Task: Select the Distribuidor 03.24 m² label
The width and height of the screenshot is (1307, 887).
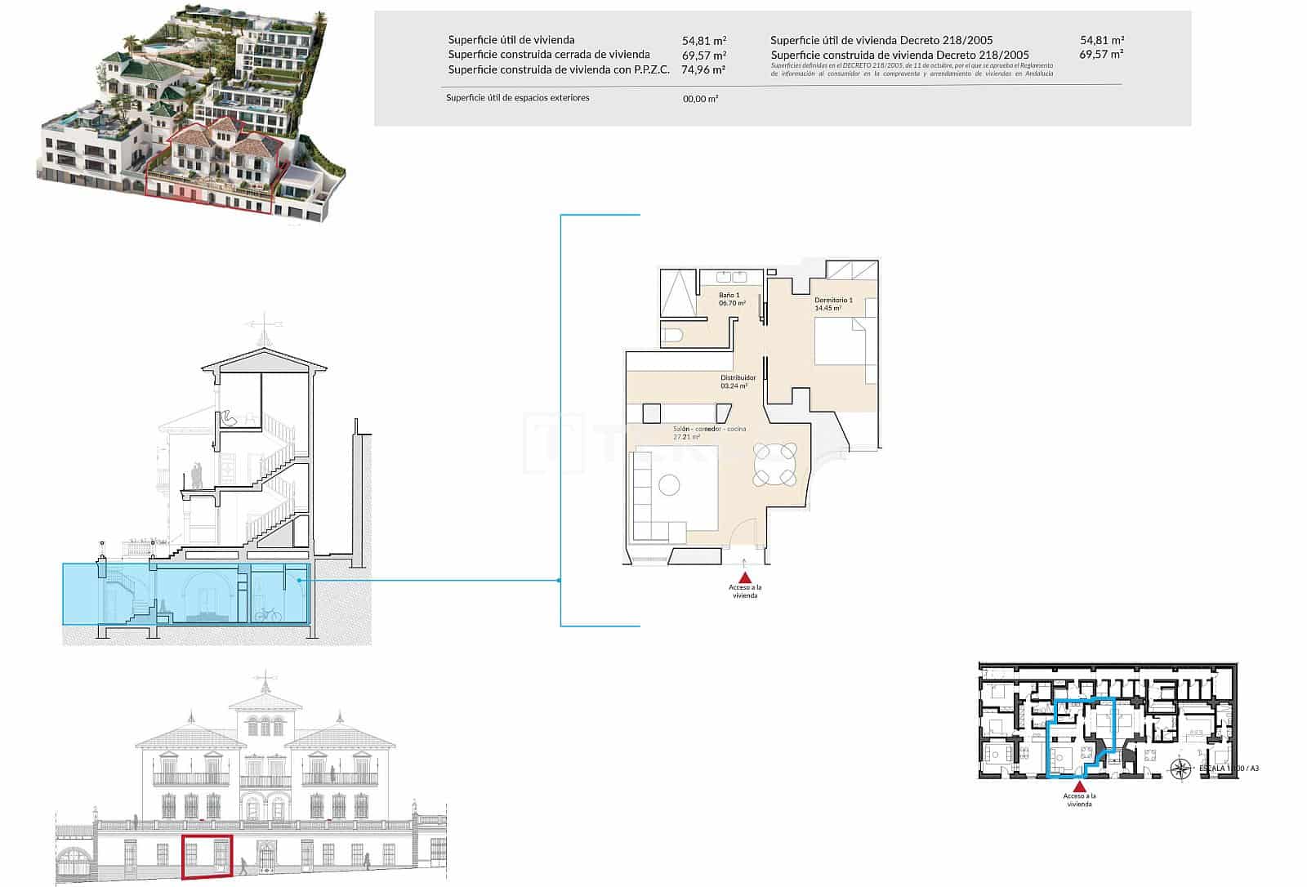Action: (738, 381)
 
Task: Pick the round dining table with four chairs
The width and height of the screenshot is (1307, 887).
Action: (775, 464)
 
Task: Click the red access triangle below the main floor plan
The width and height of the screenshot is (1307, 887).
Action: (745, 577)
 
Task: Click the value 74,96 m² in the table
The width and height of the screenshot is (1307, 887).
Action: (703, 70)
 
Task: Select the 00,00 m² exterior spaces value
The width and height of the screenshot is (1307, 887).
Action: (700, 99)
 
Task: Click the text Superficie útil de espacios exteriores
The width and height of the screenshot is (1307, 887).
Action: (517, 98)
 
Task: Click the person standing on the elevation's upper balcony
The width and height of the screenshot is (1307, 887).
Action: (333, 771)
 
